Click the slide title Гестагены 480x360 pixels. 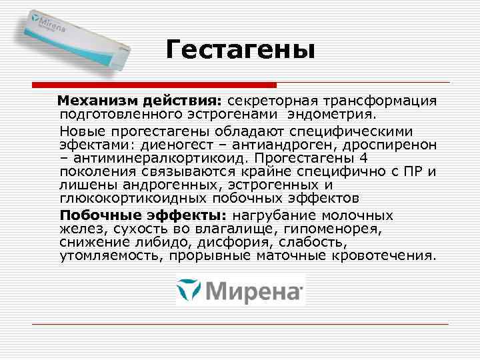point(239,49)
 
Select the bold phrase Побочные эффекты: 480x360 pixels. point(144,215)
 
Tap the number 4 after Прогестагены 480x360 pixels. point(363,158)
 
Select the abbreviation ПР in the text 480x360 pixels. point(417,172)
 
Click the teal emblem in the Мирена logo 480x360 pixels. point(190,289)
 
